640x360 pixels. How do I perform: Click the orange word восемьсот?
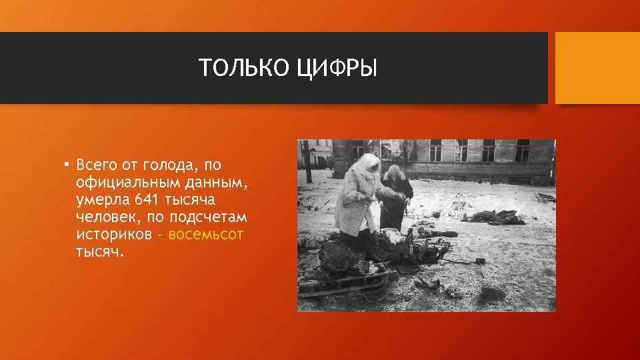point(206,235)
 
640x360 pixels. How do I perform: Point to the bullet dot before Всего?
point(67,164)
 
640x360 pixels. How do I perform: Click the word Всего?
point(96,165)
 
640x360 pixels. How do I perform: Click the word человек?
point(106,217)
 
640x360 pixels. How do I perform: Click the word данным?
point(215,182)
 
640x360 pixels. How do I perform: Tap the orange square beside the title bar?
point(597,68)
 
